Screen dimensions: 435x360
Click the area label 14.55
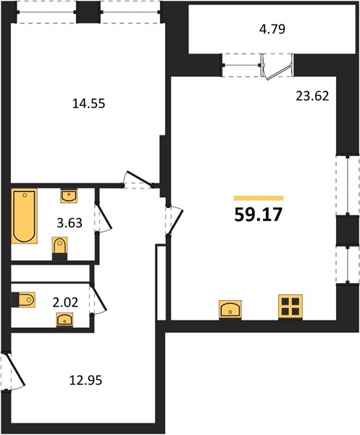[89, 104]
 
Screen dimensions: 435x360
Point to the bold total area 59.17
[259, 215]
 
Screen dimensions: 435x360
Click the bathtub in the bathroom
[24, 217]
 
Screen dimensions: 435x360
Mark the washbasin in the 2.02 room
[68, 319]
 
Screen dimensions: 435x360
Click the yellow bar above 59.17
[259, 197]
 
